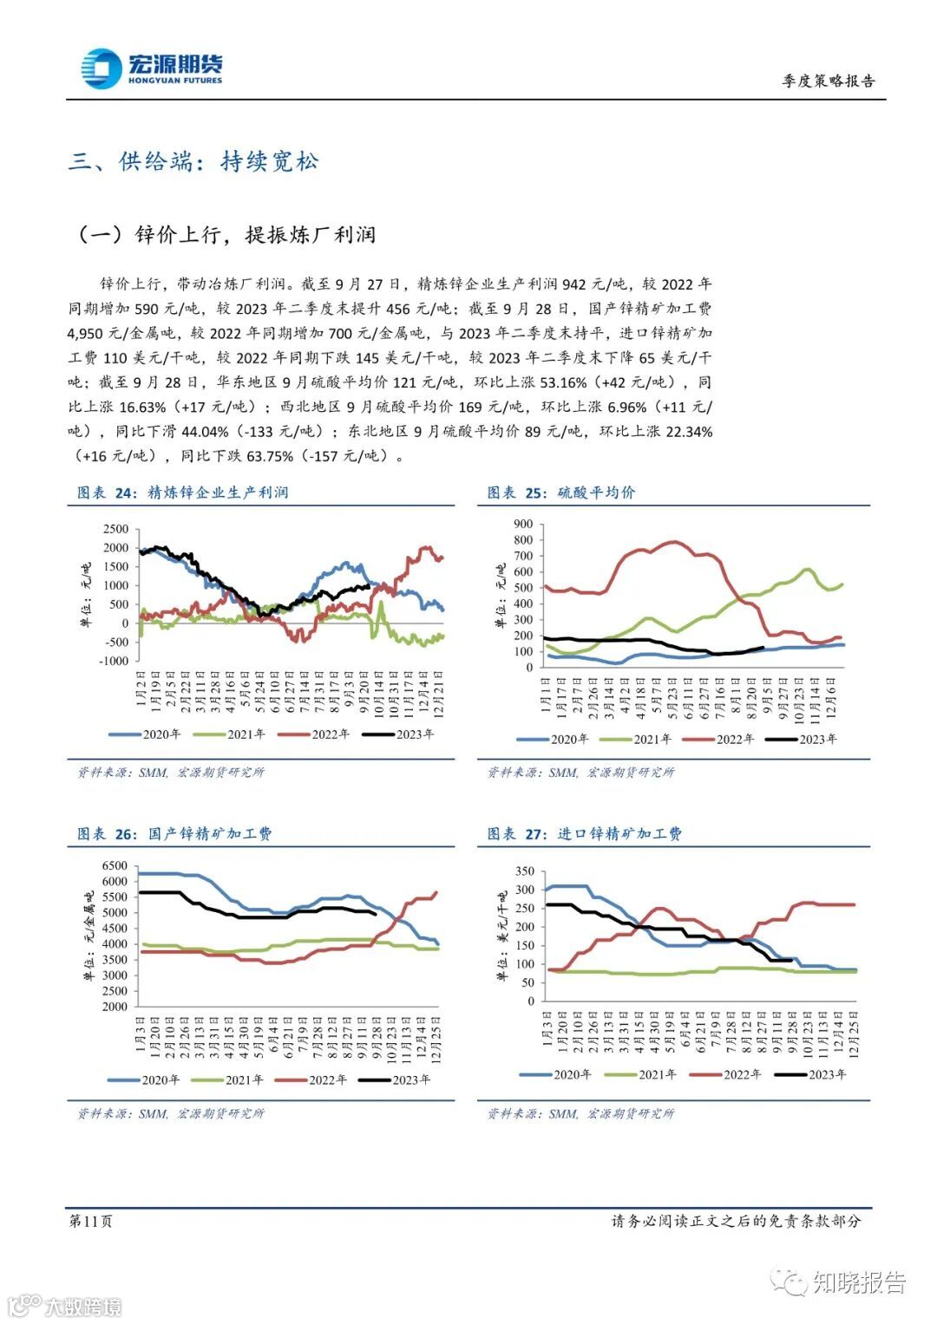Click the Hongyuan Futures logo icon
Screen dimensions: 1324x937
pos(101,68)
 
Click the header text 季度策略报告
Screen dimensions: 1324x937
pos(829,81)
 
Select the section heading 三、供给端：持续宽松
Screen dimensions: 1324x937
pos(193,161)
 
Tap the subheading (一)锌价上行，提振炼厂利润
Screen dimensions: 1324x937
pos(226,235)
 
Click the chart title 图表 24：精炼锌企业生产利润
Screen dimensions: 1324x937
pos(182,492)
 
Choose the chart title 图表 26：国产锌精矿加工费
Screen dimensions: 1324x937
pos(174,833)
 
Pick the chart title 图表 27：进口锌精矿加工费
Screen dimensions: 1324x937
pos(584,833)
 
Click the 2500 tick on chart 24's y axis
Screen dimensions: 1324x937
pos(115,529)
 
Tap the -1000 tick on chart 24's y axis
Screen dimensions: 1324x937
pos(113,661)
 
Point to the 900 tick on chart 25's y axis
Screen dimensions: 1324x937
pos(522,524)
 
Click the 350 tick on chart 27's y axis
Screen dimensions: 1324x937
pos(525,871)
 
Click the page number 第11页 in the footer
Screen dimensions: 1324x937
pos(90,1221)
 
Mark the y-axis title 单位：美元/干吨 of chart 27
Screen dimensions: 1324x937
pos(502,936)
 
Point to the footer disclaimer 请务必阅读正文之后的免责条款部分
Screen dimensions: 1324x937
pos(736,1221)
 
